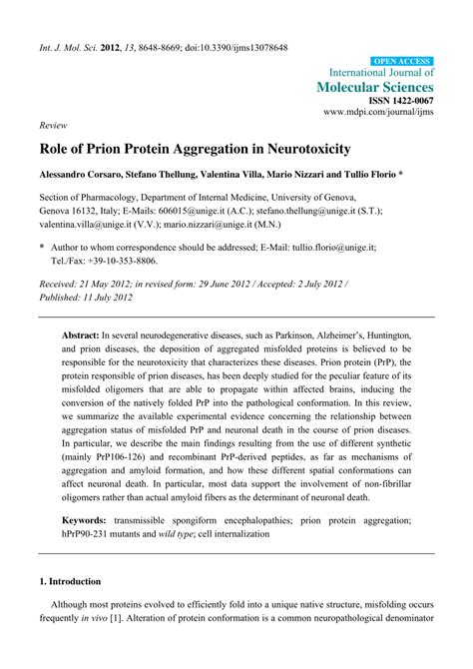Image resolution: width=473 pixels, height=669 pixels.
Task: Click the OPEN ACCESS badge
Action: tap(401, 61)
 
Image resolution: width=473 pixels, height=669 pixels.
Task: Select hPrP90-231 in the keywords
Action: tap(95, 534)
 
